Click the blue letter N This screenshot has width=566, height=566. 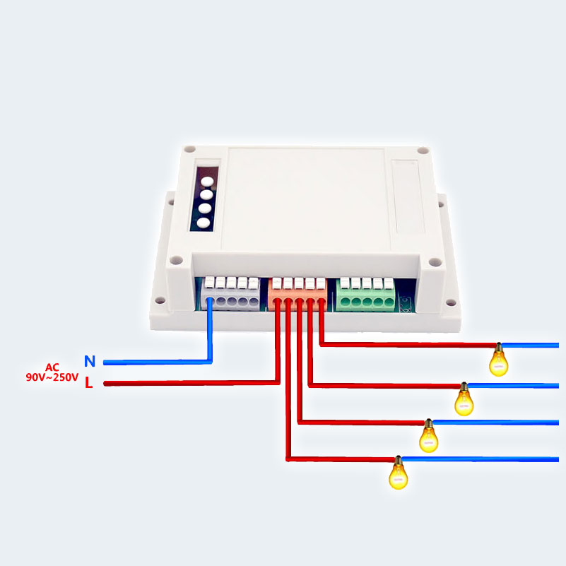tap(90, 361)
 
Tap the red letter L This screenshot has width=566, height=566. tap(89, 382)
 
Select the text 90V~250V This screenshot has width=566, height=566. tap(52, 377)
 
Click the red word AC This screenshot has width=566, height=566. tap(52, 367)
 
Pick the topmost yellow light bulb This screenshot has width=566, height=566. tap(498, 360)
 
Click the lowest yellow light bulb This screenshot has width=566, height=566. tap(398, 473)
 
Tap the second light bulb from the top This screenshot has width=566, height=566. tap(464, 399)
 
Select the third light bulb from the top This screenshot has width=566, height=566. tap(428, 436)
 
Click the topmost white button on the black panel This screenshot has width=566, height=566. tap(207, 181)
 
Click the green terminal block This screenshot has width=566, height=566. tap(365, 295)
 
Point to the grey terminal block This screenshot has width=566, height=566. tap(230, 294)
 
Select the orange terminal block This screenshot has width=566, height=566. tap(297, 294)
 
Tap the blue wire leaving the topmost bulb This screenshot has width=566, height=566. tap(530, 346)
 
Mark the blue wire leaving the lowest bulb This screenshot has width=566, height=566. tap(480, 459)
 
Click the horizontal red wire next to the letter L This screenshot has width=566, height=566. tap(191, 383)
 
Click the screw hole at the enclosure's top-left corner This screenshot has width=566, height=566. tap(190, 149)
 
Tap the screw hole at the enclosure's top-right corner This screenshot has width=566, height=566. tap(423, 151)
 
